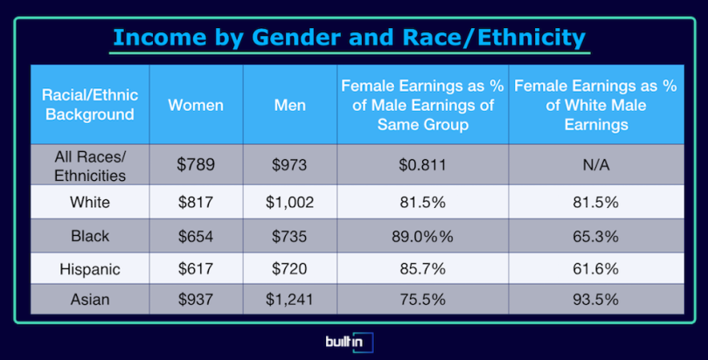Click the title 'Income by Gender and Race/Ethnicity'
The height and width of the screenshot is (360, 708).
349,38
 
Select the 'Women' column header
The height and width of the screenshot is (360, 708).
196,105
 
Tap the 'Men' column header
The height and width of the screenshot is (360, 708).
290,105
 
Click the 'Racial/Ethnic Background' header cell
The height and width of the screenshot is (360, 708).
90,105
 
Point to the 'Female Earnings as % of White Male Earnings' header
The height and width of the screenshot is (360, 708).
595,105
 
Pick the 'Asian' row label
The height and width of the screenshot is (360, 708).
90,300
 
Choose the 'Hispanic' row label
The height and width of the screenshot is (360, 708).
90,269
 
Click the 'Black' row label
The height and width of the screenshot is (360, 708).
90,236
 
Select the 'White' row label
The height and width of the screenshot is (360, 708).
90,202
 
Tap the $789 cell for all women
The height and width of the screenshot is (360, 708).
196,164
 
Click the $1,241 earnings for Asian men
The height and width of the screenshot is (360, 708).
289,300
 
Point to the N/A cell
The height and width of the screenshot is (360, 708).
596,164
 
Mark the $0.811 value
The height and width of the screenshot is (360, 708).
423,164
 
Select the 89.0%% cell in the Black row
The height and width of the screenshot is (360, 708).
423,236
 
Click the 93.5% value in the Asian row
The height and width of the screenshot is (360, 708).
595,300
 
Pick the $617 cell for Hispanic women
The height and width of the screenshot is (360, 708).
196,269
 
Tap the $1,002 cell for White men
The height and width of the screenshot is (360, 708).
289,202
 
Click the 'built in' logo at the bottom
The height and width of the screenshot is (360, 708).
350,342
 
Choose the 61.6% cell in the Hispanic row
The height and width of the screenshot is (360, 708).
595,269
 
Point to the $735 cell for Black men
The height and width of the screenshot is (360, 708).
289,236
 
